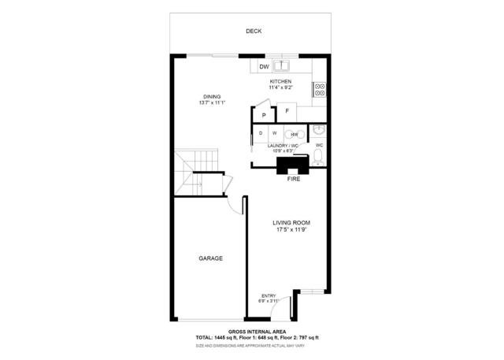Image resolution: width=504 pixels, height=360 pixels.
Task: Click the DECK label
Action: [253, 31]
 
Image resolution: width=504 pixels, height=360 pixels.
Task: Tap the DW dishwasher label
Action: [264, 67]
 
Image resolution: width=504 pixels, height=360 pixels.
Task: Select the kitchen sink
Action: [282, 66]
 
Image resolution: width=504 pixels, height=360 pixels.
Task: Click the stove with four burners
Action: [321, 89]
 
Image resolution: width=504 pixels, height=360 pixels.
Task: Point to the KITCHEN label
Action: [280, 81]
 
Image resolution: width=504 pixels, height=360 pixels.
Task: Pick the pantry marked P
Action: [264, 115]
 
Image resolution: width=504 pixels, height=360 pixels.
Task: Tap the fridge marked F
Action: [287, 111]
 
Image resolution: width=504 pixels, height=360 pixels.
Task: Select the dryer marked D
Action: [261, 134]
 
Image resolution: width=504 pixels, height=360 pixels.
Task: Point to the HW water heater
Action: [292, 135]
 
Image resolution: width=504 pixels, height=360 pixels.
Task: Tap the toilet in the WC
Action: [318, 158]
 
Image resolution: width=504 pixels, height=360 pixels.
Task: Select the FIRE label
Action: [293, 180]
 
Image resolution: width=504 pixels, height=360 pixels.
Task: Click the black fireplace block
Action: [292, 164]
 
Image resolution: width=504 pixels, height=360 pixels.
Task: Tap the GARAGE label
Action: [210, 258]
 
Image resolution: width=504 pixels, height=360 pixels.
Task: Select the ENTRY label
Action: [269, 295]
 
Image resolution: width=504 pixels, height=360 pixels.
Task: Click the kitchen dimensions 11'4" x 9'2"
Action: [280, 87]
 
